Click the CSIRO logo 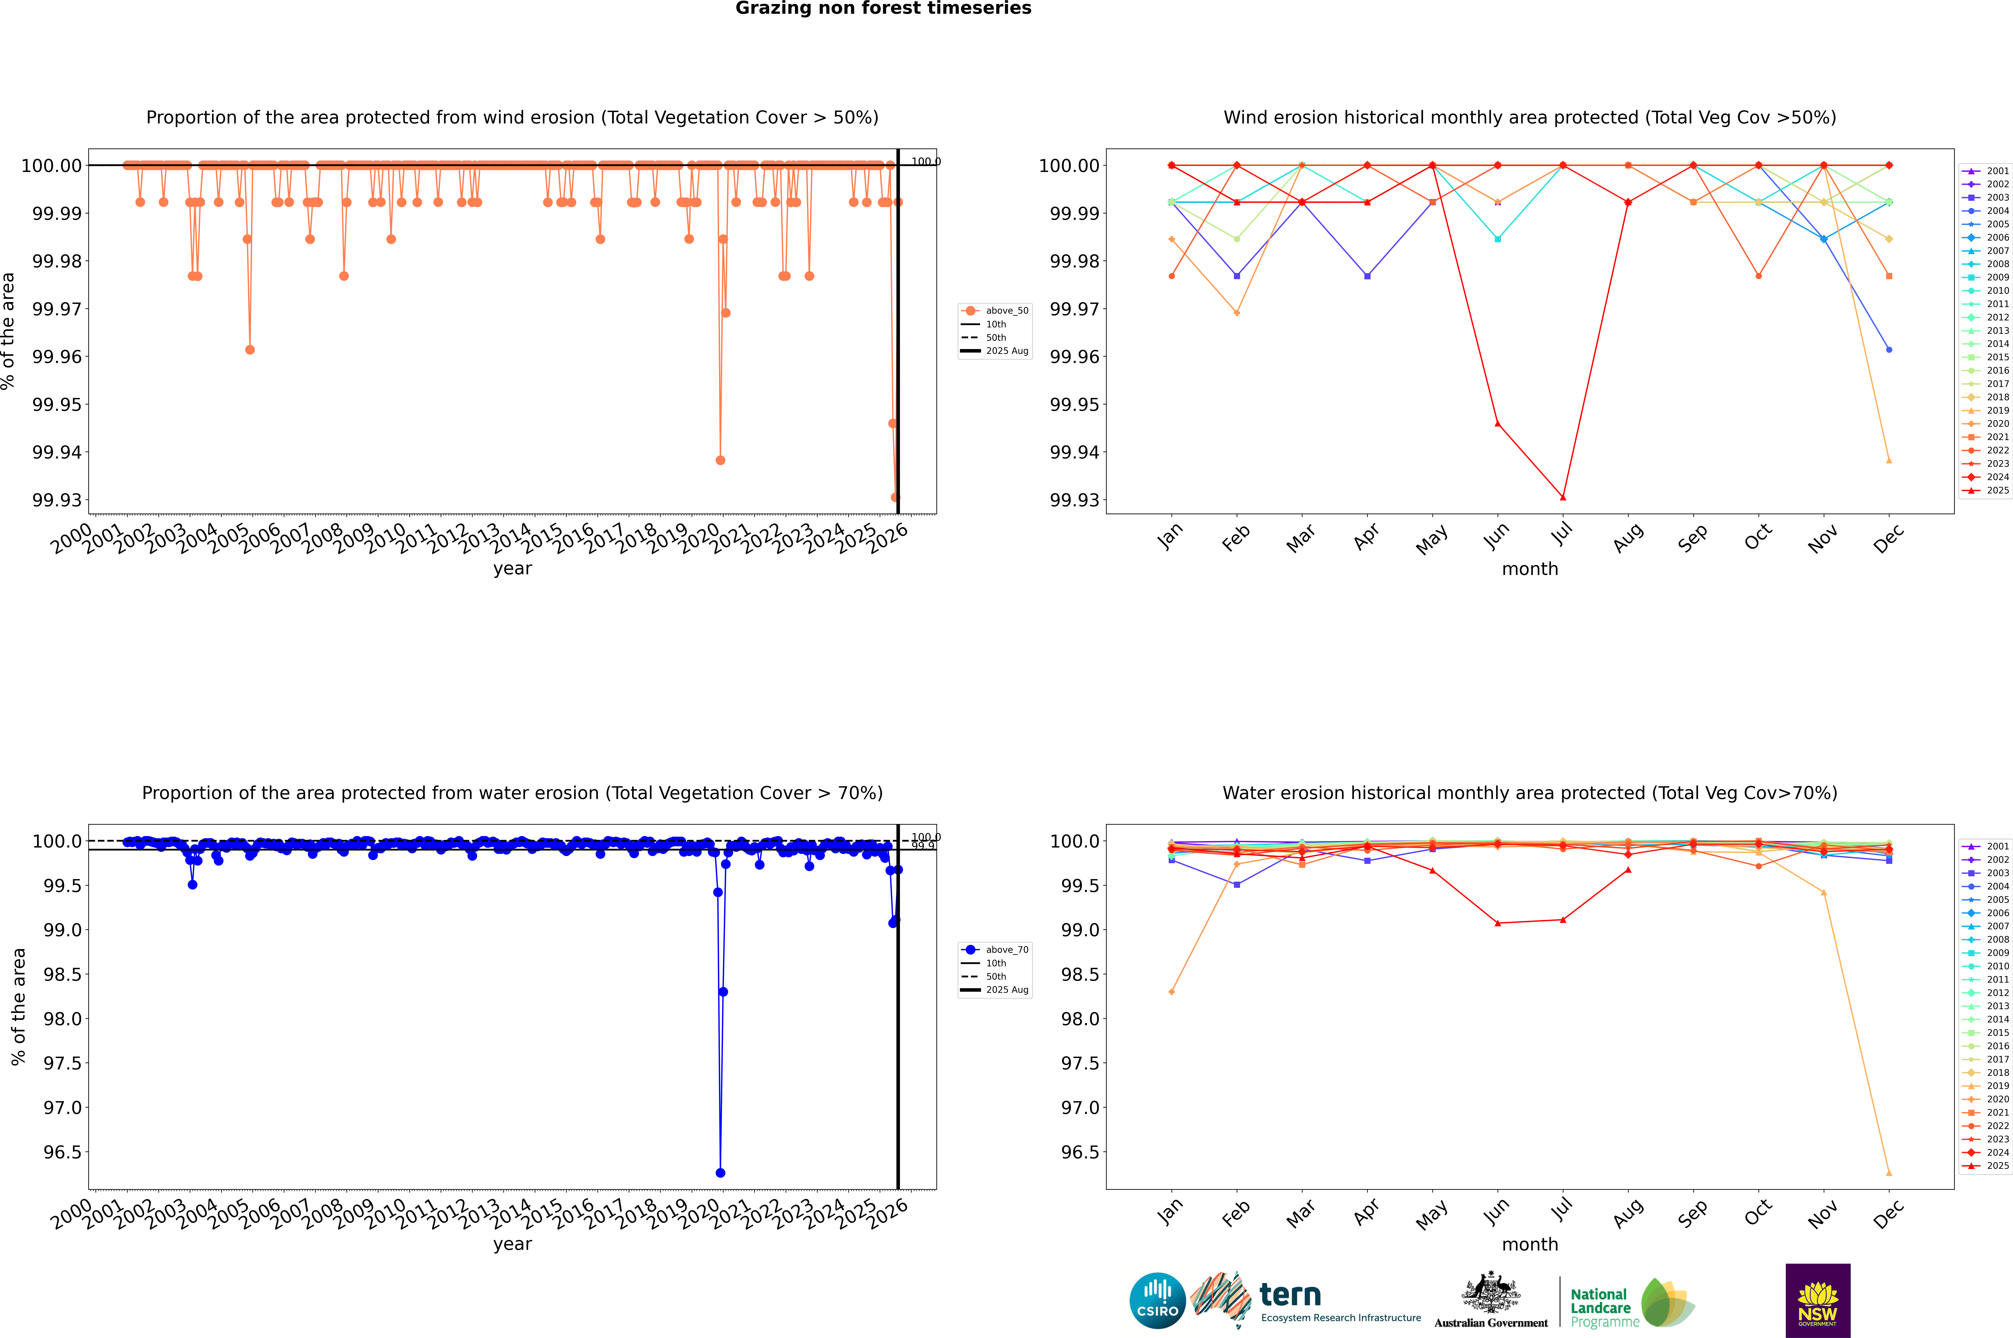[1157, 1301]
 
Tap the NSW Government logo [1818, 1301]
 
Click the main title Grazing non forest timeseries [883, 8]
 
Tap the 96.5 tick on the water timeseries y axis [63, 1152]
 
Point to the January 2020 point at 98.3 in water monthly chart [1172, 992]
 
